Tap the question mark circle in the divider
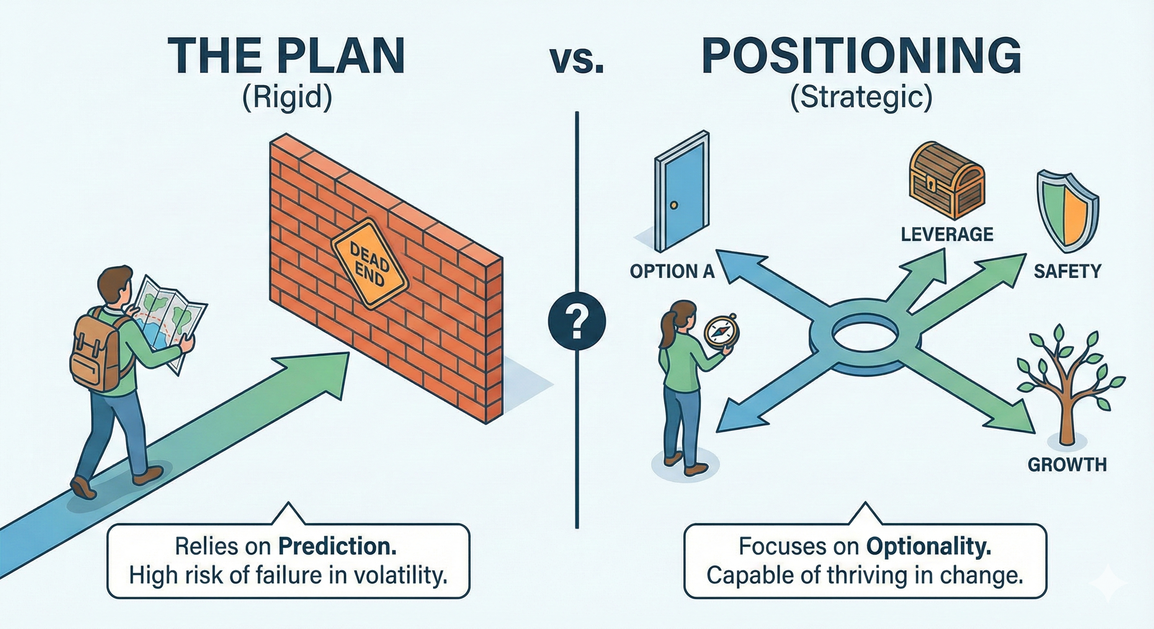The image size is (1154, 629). [x=577, y=321]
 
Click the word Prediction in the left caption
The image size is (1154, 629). [x=337, y=546]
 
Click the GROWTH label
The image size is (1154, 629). [x=1067, y=465]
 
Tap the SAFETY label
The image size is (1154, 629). [x=1067, y=272]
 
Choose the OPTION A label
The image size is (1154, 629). [x=672, y=272]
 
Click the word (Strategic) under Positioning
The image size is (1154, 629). [x=861, y=98]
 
